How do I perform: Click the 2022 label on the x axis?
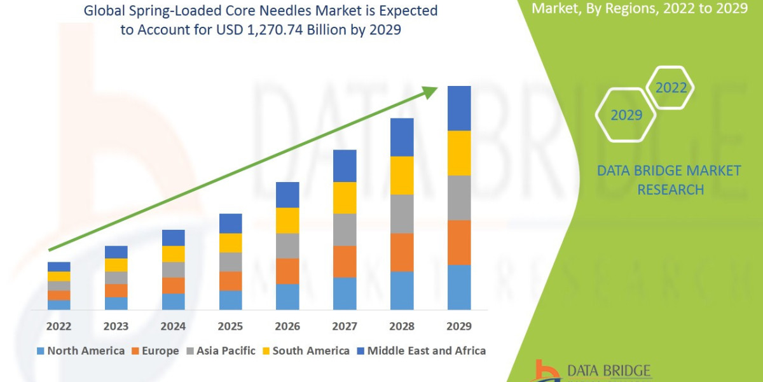pyautogui.click(x=58, y=327)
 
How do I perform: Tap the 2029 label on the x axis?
pyautogui.click(x=459, y=327)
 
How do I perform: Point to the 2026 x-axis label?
pyautogui.click(x=287, y=327)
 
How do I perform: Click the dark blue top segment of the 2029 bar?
pyautogui.click(x=459, y=108)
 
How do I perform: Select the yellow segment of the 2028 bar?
pyautogui.click(x=402, y=175)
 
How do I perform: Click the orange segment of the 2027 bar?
pyautogui.click(x=345, y=261)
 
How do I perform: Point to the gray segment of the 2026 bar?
pyautogui.click(x=287, y=246)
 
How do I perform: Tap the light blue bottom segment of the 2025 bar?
pyautogui.click(x=230, y=300)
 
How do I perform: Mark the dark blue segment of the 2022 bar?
pyautogui.click(x=58, y=266)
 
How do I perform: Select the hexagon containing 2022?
pyautogui.click(x=671, y=88)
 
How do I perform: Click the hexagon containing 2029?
pyautogui.click(x=626, y=115)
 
